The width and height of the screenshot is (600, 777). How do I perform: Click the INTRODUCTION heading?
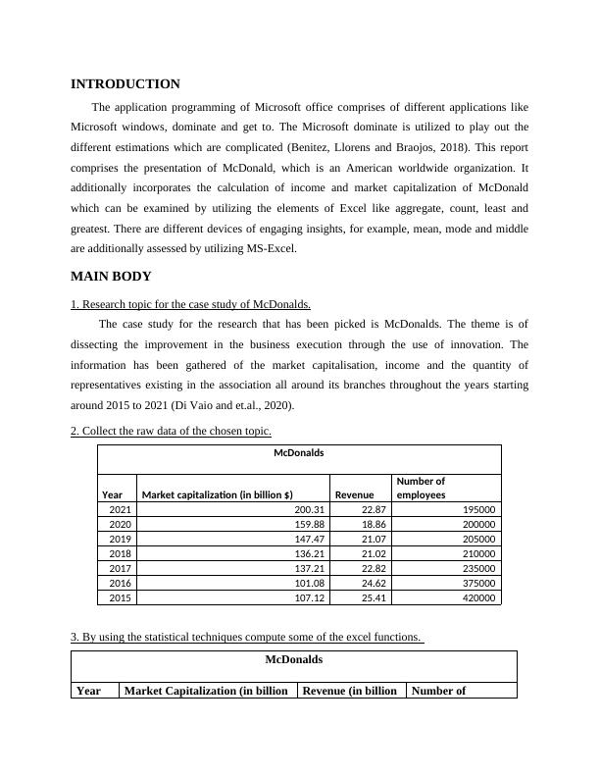pos(125,84)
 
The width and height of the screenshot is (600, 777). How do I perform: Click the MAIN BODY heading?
pos(111,277)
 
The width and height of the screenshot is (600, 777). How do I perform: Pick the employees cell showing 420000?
pos(475,597)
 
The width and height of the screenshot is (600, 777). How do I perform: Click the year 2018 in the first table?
pos(120,553)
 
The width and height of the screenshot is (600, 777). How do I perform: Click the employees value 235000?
pos(475,568)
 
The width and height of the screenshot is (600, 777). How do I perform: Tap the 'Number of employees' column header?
pos(422,488)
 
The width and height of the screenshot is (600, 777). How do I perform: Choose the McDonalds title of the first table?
pos(298,453)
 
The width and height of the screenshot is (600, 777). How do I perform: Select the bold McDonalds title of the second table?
pos(293,659)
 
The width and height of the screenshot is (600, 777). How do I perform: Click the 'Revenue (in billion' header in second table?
pos(349,691)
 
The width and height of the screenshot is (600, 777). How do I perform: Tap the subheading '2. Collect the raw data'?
pos(171,431)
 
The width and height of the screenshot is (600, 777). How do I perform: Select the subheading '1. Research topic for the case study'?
pos(191,304)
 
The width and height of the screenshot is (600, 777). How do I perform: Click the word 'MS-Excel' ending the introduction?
pos(268,248)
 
